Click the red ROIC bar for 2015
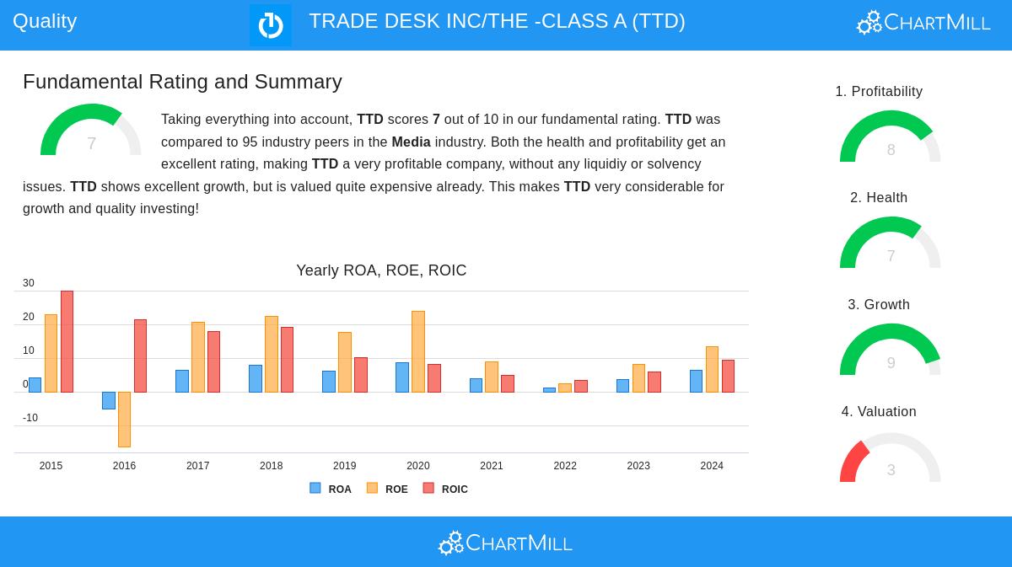click(67, 341)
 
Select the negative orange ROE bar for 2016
click(124, 419)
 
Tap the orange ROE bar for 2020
click(417, 351)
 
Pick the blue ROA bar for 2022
click(549, 389)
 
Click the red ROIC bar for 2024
click(728, 376)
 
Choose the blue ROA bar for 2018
click(255, 378)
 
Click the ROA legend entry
click(331, 489)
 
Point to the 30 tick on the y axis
click(29, 283)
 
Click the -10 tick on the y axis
click(30, 418)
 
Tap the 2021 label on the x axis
click(491, 466)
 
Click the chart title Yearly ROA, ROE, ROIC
click(381, 270)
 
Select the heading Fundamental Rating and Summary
click(182, 82)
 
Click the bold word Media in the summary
click(411, 142)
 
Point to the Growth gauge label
click(879, 304)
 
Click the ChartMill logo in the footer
click(505, 543)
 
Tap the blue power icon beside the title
click(271, 25)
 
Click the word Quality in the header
click(45, 21)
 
